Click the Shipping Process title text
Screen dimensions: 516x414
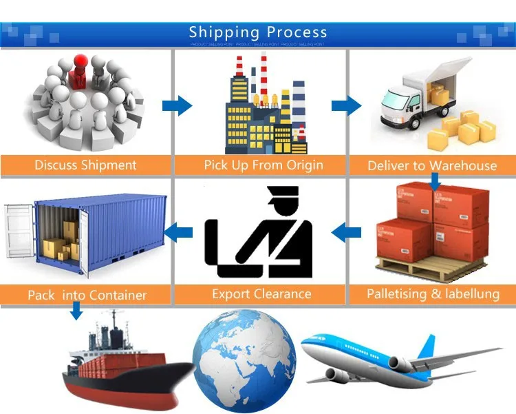258,32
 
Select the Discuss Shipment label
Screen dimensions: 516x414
85,165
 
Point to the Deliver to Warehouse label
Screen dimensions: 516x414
432,165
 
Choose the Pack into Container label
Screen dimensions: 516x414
87,295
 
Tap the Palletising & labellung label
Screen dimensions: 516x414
433,294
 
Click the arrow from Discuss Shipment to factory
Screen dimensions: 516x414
177,105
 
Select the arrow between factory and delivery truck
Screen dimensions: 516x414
346,105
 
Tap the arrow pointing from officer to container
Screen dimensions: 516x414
181,234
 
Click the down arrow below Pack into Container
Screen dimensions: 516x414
76,312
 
